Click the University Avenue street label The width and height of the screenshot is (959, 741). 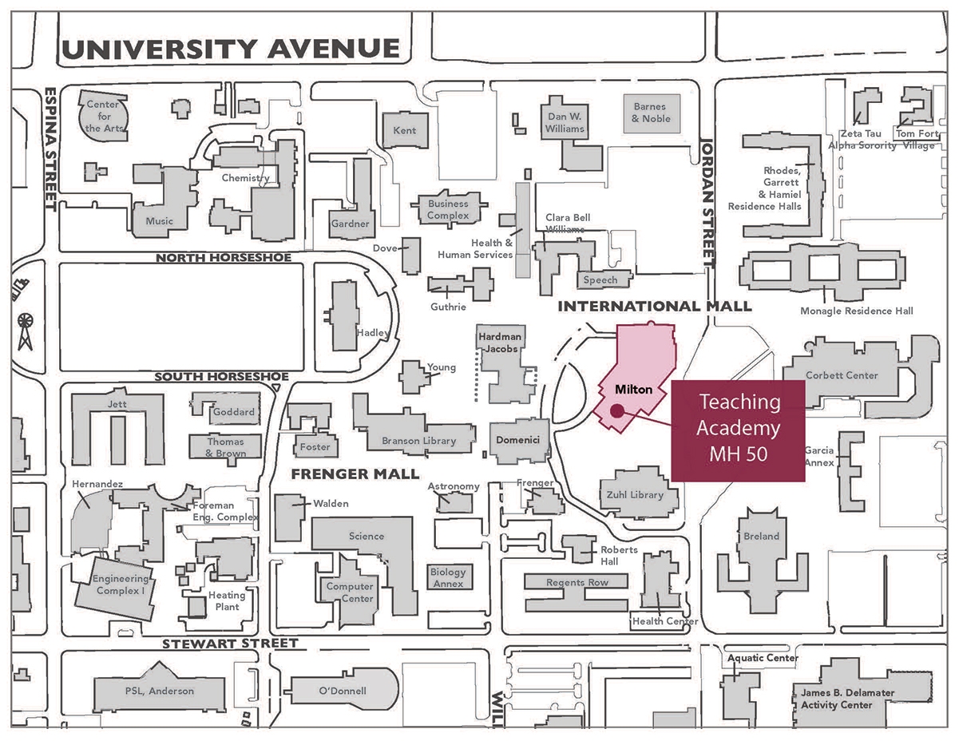coord(231,50)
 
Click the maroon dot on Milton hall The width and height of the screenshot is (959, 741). coord(616,410)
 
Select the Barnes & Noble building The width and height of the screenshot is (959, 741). coord(652,113)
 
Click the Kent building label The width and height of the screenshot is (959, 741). coord(405,130)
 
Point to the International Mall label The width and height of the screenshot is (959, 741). coord(654,306)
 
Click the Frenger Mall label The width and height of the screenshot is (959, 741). coord(355,474)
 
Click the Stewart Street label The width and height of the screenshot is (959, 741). coord(230,644)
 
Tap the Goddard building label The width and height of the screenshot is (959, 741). coord(234,412)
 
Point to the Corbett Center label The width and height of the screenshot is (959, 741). coord(841,375)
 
